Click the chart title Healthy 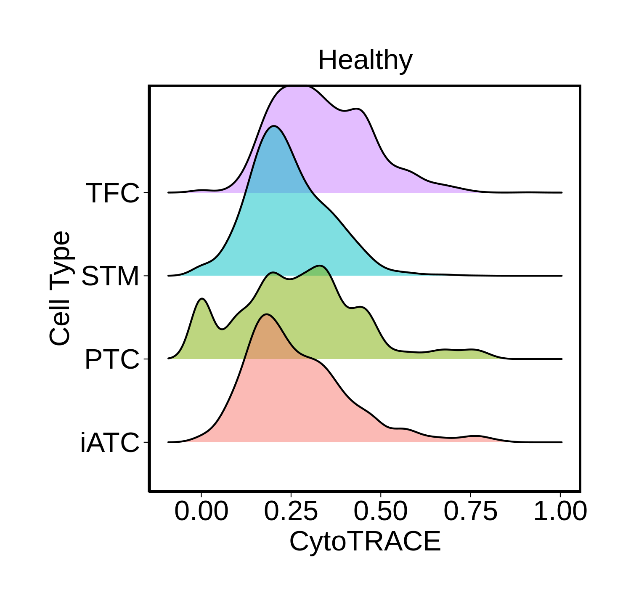(x=365, y=60)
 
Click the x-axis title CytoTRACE (x=365, y=541)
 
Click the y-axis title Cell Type (x=60, y=288)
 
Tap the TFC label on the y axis (x=112, y=193)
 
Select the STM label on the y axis (x=110, y=276)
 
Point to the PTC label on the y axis (x=112, y=360)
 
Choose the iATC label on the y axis (x=110, y=443)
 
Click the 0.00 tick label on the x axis (x=201, y=512)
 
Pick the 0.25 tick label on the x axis (x=291, y=512)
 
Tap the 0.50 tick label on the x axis (x=381, y=512)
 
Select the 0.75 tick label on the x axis (x=470, y=512)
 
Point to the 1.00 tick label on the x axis (x=560, y=512)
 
